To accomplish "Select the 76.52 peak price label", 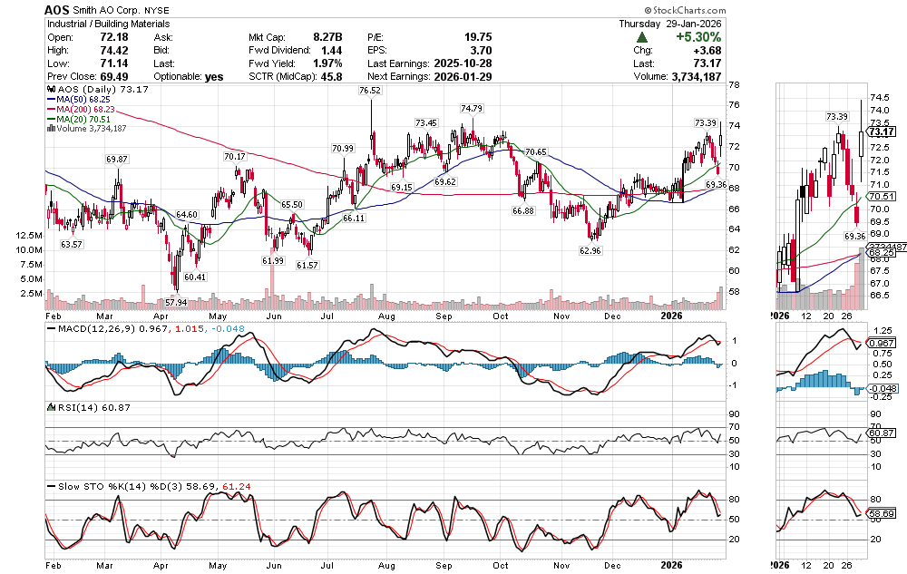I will pos(369,91).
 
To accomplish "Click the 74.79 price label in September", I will pos(471,108).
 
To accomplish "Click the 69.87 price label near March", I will pos(117,159).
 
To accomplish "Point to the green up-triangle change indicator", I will pos(642,37).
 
